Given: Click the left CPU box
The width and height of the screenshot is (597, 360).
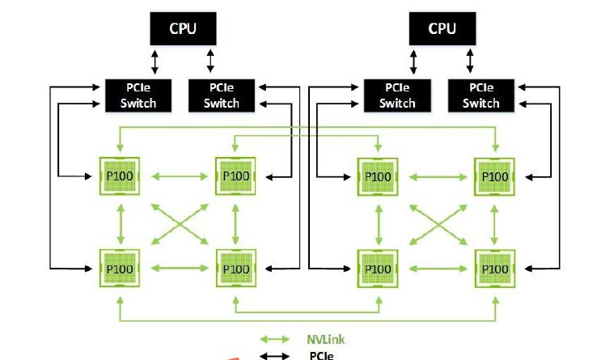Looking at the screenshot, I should coord(182,29).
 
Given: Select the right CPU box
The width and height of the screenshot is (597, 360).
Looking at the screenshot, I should coord(442,29).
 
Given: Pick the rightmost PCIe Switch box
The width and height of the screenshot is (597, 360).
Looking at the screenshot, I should coord(481,95).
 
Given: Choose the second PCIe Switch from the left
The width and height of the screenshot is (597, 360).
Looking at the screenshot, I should coord(221,95).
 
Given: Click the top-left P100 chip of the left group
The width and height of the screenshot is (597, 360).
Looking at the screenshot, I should coord(120,176).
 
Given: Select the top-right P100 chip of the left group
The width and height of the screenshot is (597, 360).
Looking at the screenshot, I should coord(235,176).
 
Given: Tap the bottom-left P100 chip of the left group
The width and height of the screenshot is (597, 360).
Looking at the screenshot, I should coord(120,268).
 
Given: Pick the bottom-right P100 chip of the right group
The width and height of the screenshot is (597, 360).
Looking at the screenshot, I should coord(493,268).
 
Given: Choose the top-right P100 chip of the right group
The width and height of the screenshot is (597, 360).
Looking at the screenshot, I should coord(493,176).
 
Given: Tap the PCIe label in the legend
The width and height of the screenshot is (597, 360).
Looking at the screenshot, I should coord(322,354).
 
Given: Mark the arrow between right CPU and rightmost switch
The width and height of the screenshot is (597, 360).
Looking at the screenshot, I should coord(470,61).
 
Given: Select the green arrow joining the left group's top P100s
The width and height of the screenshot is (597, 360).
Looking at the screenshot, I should coord(177,176).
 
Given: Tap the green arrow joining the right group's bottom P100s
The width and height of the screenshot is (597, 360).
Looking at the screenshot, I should coord(436,268).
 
